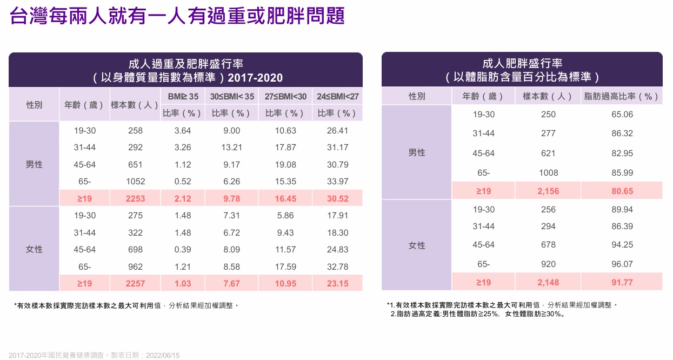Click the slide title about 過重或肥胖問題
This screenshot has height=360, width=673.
[x=177, y=16]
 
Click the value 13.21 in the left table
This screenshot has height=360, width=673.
[x=232, y=148]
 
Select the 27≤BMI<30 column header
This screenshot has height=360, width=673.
[x=285, y=97]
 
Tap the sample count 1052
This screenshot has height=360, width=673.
[x=135, y=182]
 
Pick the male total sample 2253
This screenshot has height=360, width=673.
[x=135, y=198]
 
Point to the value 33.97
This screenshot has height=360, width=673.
[x=338, y=182]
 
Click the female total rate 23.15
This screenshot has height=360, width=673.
[x=338, y=283]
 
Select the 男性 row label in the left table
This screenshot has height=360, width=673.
[x=34, y=164]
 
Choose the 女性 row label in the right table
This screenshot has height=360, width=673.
[x=417, y=245]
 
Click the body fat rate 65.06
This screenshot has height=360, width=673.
[x=622, y=115]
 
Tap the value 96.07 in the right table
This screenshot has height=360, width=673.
[x=622, y=264]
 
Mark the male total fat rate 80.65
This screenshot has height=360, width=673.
[x=622, y=191]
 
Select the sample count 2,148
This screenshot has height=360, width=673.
[x=548, y=282]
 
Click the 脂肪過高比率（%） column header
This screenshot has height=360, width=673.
[x=622, y=97]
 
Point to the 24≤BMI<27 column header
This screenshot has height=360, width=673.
[x=338, y=97]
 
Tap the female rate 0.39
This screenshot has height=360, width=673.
[x=182, y=250]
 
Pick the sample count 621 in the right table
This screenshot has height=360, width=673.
[x=548, y=153]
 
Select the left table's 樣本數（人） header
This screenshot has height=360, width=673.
[x=134, y=105]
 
